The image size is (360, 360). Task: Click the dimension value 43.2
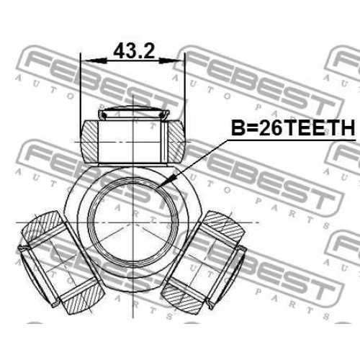click(x=134, y=51)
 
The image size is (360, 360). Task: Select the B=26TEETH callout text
click(x=293, y=127)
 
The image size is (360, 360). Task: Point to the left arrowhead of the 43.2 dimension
click(x=94, y=60)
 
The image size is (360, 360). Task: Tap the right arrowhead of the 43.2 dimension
click(x=171, y=60)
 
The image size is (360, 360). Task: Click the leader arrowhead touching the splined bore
click(x=168, y=180)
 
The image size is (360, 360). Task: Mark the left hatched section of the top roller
click(x=89, y=141)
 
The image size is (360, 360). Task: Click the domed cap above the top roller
click(x=134, y=112)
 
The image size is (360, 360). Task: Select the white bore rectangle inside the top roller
click(x=132, y=142)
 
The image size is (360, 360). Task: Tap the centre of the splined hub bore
click(x=133, y=222)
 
